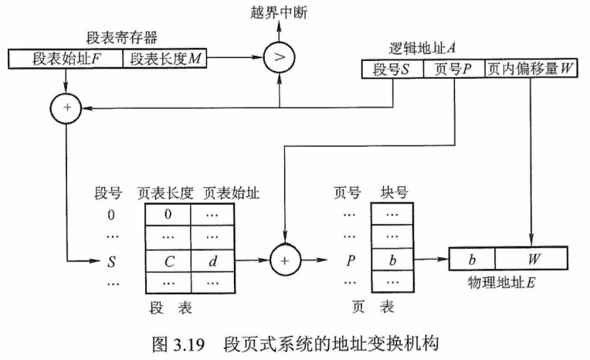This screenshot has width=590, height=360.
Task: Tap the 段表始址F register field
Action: pos(66,58)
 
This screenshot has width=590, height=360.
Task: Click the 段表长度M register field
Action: pos(163,58)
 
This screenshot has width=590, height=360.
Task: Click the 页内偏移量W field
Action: pos(531,70)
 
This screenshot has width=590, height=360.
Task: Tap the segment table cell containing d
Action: pos(214,261)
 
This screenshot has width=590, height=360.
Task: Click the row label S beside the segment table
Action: pos(114,261)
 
